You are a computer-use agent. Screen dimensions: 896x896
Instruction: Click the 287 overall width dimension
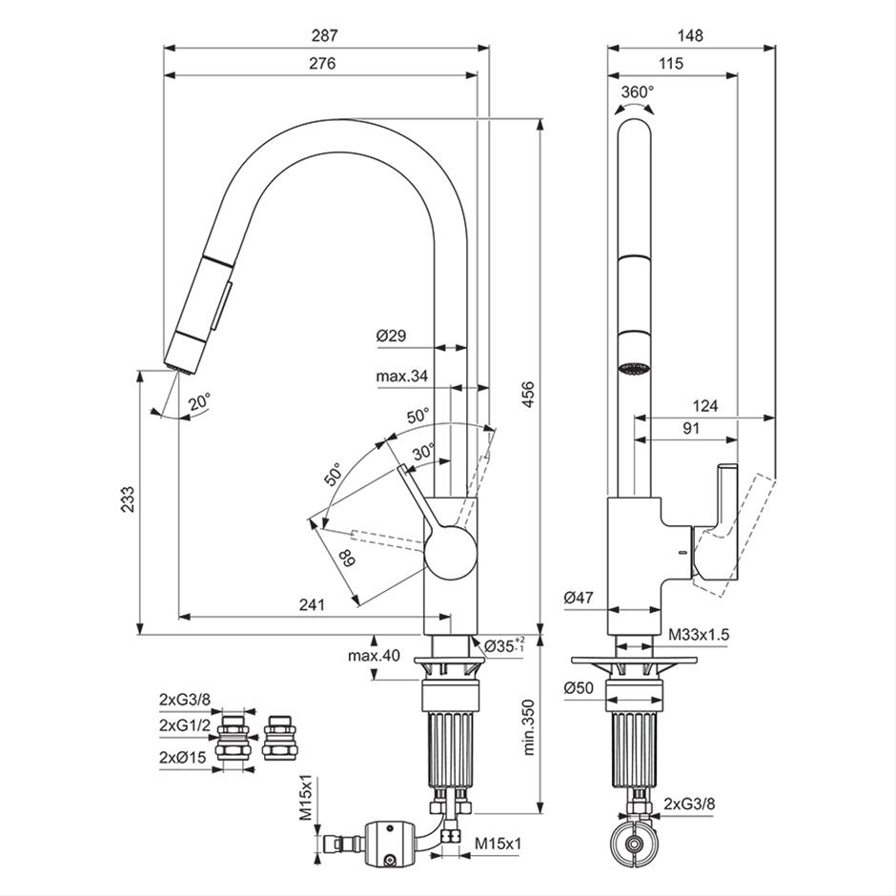[x=325, y=35]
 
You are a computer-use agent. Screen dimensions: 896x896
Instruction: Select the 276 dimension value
[x=322, y=63]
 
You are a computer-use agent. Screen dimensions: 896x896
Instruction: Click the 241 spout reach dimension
[x=312, y=604]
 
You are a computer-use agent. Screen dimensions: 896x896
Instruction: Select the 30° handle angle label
[x=424, y=453]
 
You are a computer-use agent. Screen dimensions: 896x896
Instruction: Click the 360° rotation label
[x=637, y=92]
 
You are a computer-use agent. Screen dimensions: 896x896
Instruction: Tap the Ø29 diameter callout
[x=392, y=336]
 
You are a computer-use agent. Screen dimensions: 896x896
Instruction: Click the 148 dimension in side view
[x=690, y=35]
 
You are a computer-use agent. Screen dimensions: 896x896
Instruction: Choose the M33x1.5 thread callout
[x=699, y=634]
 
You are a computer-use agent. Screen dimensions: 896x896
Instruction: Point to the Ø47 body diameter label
[x=579, y=599]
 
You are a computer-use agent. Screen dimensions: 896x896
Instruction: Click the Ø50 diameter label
[x=579, y=688]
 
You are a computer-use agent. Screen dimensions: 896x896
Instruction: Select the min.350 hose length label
[x=529, y=727]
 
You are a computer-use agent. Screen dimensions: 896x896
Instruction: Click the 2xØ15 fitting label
[x=182, y=758]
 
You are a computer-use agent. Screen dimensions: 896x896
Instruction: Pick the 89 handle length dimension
[x=346, y=558]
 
